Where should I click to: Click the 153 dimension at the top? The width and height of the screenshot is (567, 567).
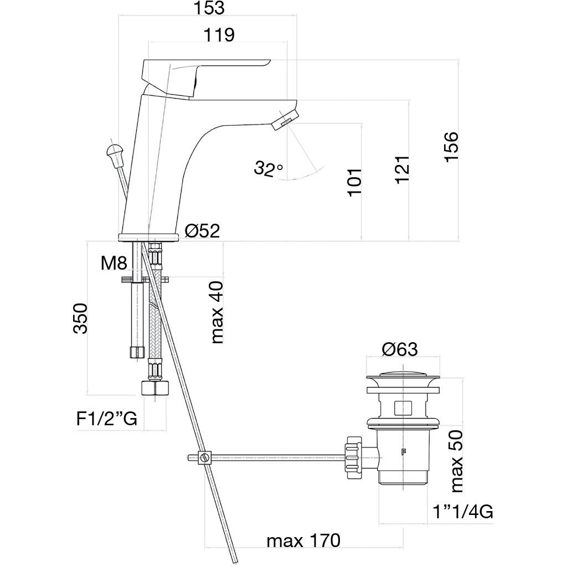point(209,8)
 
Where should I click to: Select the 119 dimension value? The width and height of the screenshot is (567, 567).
point(219,35)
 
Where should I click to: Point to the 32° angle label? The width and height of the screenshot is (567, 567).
point(269,168)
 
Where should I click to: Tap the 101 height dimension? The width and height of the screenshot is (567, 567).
point(355,182)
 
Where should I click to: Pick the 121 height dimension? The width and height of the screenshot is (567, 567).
point(402,169)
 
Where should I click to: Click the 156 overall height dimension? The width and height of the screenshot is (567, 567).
point(451,147)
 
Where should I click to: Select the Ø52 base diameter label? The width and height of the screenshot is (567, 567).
point(202,230)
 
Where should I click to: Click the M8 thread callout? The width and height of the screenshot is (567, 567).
point(114,263)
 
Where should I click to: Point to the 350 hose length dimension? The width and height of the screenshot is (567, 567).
point(80,318)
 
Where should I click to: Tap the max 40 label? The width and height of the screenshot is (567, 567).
point(217,312)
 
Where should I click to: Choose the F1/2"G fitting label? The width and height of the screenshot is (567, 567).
point(107,419)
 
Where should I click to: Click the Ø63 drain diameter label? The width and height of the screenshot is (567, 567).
point(400,349)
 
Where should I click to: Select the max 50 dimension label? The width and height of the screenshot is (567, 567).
point(456,461)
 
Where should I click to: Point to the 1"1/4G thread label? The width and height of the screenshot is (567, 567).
point(463,512)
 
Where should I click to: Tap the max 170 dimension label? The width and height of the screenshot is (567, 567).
point(304,541)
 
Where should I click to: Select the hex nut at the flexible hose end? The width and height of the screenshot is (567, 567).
point(155,388)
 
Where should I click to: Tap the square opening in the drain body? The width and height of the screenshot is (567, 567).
point(403,408)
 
